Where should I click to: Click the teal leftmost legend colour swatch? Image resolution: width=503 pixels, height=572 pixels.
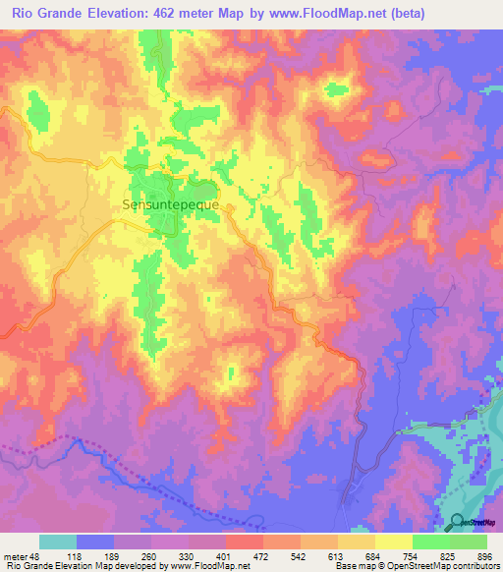pos(58,542)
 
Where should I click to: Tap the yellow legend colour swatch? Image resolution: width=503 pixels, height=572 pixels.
pos(393,542)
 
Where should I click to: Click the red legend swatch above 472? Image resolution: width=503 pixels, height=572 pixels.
pos(244,542)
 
